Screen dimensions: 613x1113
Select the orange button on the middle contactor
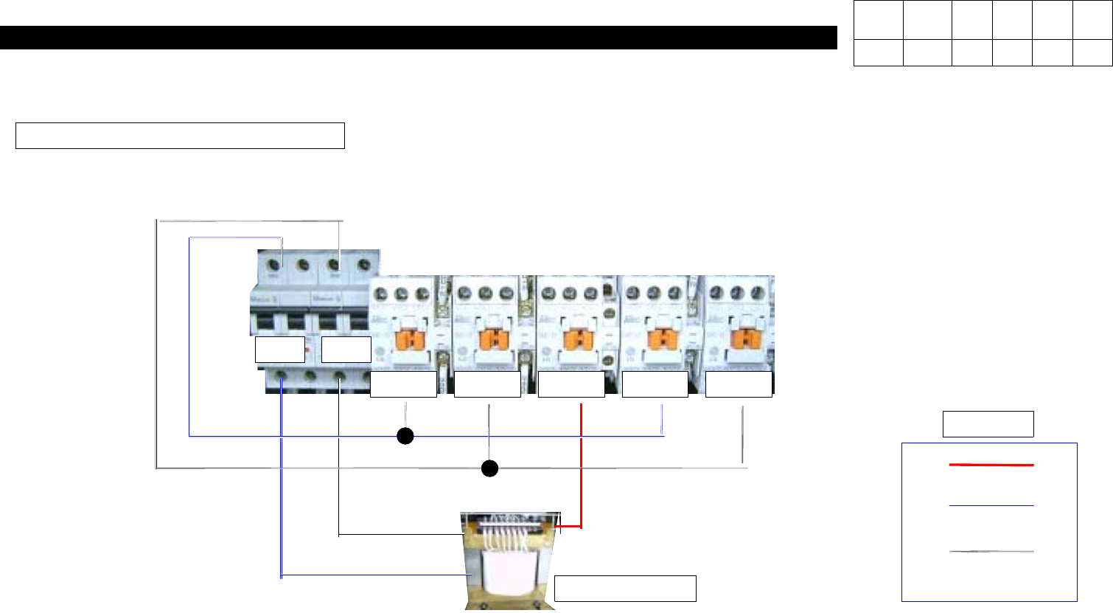pos(574,340)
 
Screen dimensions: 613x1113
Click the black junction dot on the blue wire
pos(405,436)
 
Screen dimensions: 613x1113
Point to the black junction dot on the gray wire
pos(490,468)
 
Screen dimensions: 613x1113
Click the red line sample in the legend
pos(991,465)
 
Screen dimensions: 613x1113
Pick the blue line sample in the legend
pos(991,506)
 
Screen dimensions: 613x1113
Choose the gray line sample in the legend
pos(991,551)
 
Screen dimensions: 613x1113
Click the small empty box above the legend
pos(988,424)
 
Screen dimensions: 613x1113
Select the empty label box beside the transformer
pos(625,589)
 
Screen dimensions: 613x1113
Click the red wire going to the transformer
pos(582,472)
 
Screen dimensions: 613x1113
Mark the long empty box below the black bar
pos(180,136)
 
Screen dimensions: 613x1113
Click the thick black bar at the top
pos(418,38)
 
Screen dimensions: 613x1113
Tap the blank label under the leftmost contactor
pos(403,385)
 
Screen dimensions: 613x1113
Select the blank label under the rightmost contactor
pos(739,385)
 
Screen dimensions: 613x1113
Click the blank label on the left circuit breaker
pos(280,350)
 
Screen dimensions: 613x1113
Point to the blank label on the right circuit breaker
pos(346,350)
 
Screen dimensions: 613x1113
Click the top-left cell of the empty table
pos(879,21)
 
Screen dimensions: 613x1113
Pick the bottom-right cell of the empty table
pos(1092,53)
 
